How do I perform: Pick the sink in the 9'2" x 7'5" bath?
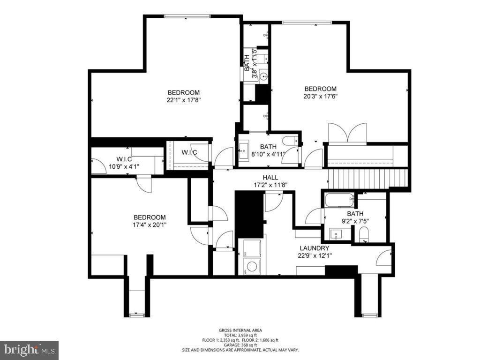(336, 233)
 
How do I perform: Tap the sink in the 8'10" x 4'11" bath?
(243, 151)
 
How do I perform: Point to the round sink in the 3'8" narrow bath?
(263, 76)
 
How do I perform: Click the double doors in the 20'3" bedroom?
(347, 133)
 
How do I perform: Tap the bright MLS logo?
(29, 350)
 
